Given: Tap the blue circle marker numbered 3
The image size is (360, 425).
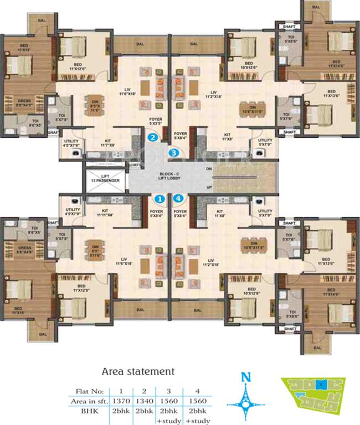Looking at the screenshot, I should (174, 152).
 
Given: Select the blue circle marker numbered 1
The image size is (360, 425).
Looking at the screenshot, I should (160, 198).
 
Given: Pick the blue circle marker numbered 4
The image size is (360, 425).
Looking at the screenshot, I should (178, 198).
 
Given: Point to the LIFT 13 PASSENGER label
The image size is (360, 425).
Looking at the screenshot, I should (105, 178).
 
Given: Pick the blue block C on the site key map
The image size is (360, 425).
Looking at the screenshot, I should (321, 383).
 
